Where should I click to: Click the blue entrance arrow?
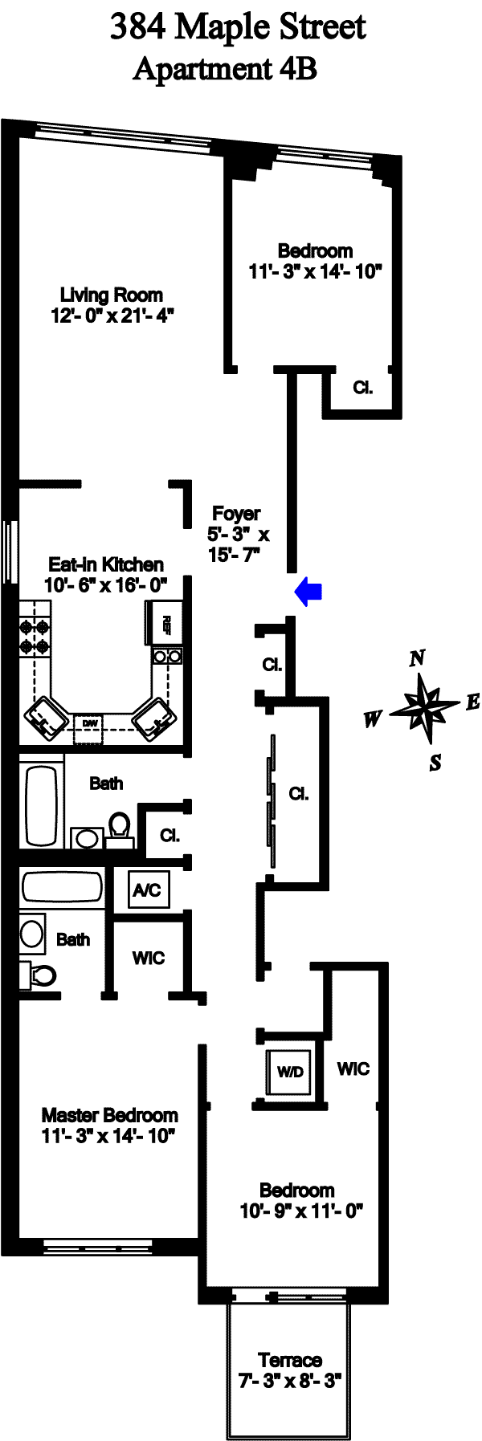[308, 592]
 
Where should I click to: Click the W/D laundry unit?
[290, 1072]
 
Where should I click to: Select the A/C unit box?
[147, 889]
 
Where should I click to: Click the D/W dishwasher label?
[89, 723]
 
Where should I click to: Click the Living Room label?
[112, 295]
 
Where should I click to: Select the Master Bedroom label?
[109, 1114]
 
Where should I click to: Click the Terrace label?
[290, 1360]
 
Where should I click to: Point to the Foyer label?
[236, 513]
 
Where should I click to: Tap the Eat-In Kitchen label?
[106, 564]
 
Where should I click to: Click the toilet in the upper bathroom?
[120, 827]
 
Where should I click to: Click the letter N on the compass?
[417, 658]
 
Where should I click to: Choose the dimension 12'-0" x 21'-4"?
[112, 315]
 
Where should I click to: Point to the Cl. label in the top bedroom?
[363, 388]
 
